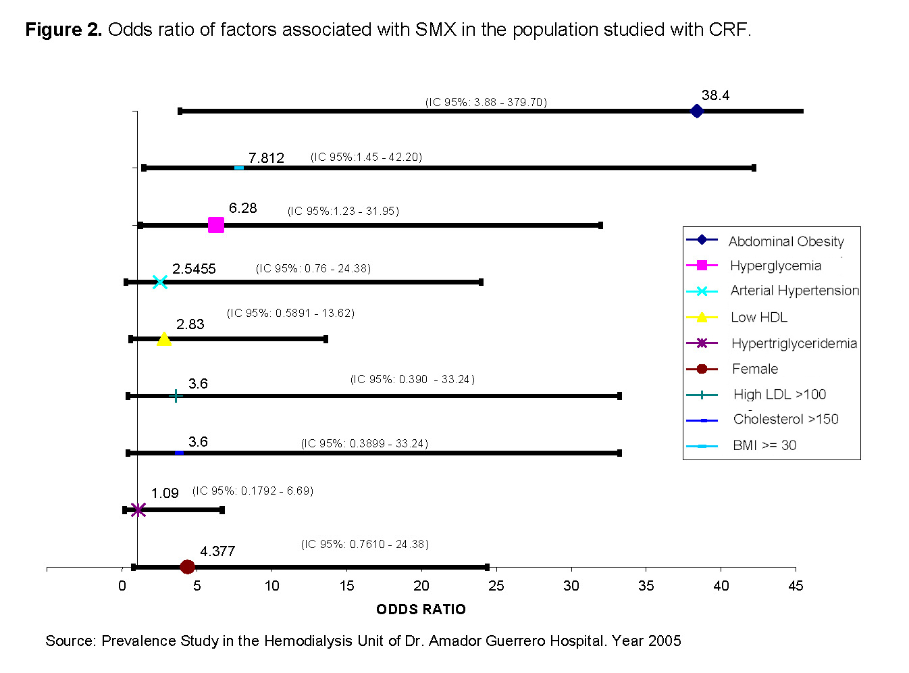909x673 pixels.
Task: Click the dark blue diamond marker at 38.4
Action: pyautogui.click(x=697, y=111)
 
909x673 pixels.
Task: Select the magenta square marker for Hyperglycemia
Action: pyautogui.click(x=215, y=225)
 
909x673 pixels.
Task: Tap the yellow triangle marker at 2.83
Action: pyautogui.click(x=164, y=339)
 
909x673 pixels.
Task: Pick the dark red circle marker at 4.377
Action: pyautogui.click(x=188, y=567)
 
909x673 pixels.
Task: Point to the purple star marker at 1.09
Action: pyautogui.click(x=138, y=509)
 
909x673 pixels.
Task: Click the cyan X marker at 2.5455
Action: pyautogui.click(x=160, y=282)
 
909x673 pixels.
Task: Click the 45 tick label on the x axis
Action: pyautogui.click(x=796, y=586)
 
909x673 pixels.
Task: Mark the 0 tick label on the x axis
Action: pyautogui.click(x=122, y=586)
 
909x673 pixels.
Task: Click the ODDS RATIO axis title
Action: pyautogui.click(x=421, y=609)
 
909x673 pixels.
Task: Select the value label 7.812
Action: pyautogui.click(x=266, y=158)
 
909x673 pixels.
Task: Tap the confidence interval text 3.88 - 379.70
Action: pyautogui.click(x=486, y=102)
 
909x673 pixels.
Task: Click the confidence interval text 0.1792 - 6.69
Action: pyautogui.click(x=253, y=491)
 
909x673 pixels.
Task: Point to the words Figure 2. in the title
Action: pyautogui.click(x=63, y=30)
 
